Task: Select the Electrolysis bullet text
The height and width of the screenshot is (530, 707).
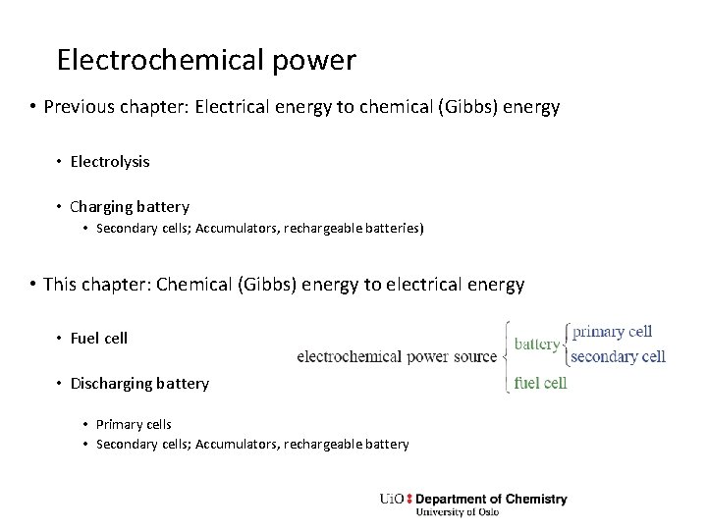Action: (x=110, y=160)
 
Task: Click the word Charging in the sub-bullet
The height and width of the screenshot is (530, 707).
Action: (x=100, y=207)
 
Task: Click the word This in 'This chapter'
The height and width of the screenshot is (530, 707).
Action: (x=60, y=285)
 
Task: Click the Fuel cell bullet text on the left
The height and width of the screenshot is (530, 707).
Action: (x=99, y=338)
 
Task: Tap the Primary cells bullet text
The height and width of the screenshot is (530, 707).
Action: (x=134, y=424)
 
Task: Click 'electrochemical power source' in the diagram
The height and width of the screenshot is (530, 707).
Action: (x=397, y=356)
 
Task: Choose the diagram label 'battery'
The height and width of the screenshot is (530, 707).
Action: (x=536, y=344)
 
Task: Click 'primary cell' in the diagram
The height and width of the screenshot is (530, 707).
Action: (x=612, y=332)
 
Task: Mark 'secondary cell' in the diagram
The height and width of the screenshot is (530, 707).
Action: (x=618, y=356)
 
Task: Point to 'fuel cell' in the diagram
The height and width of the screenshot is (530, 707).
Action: (x=540, y=383)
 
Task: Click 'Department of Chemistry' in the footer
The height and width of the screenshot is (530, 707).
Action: (x=491, y=499)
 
